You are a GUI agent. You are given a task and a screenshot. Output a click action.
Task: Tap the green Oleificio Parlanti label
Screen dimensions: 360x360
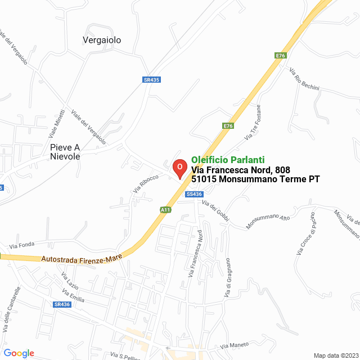(x=228, y=160)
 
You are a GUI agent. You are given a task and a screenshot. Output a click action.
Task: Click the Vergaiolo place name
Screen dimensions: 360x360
(x=102, y=40)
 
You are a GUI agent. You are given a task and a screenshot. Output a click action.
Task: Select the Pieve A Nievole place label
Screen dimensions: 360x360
(x=65, y=152)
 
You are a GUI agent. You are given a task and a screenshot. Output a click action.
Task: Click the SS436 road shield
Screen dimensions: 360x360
(x=193, y=194)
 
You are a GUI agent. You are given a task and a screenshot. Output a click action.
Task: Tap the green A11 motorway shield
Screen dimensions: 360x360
(x=165, y=210)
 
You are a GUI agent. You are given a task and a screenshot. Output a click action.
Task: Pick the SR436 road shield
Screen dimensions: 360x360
(x=62, y=304)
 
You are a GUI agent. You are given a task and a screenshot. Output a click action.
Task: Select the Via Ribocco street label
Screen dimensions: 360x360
(x=146, y=184)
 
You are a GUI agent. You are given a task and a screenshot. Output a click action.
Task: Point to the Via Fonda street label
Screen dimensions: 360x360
(x=22, y=246)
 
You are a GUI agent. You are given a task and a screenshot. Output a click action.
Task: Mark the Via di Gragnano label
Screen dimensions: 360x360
(x=228, y=278)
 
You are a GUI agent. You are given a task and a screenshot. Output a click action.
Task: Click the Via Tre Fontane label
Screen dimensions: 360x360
(x=253, y=122)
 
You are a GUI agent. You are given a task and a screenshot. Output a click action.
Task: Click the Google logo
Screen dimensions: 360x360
(x=19, y=353)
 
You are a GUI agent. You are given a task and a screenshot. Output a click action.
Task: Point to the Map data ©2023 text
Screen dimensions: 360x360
(x=335, y=355)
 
